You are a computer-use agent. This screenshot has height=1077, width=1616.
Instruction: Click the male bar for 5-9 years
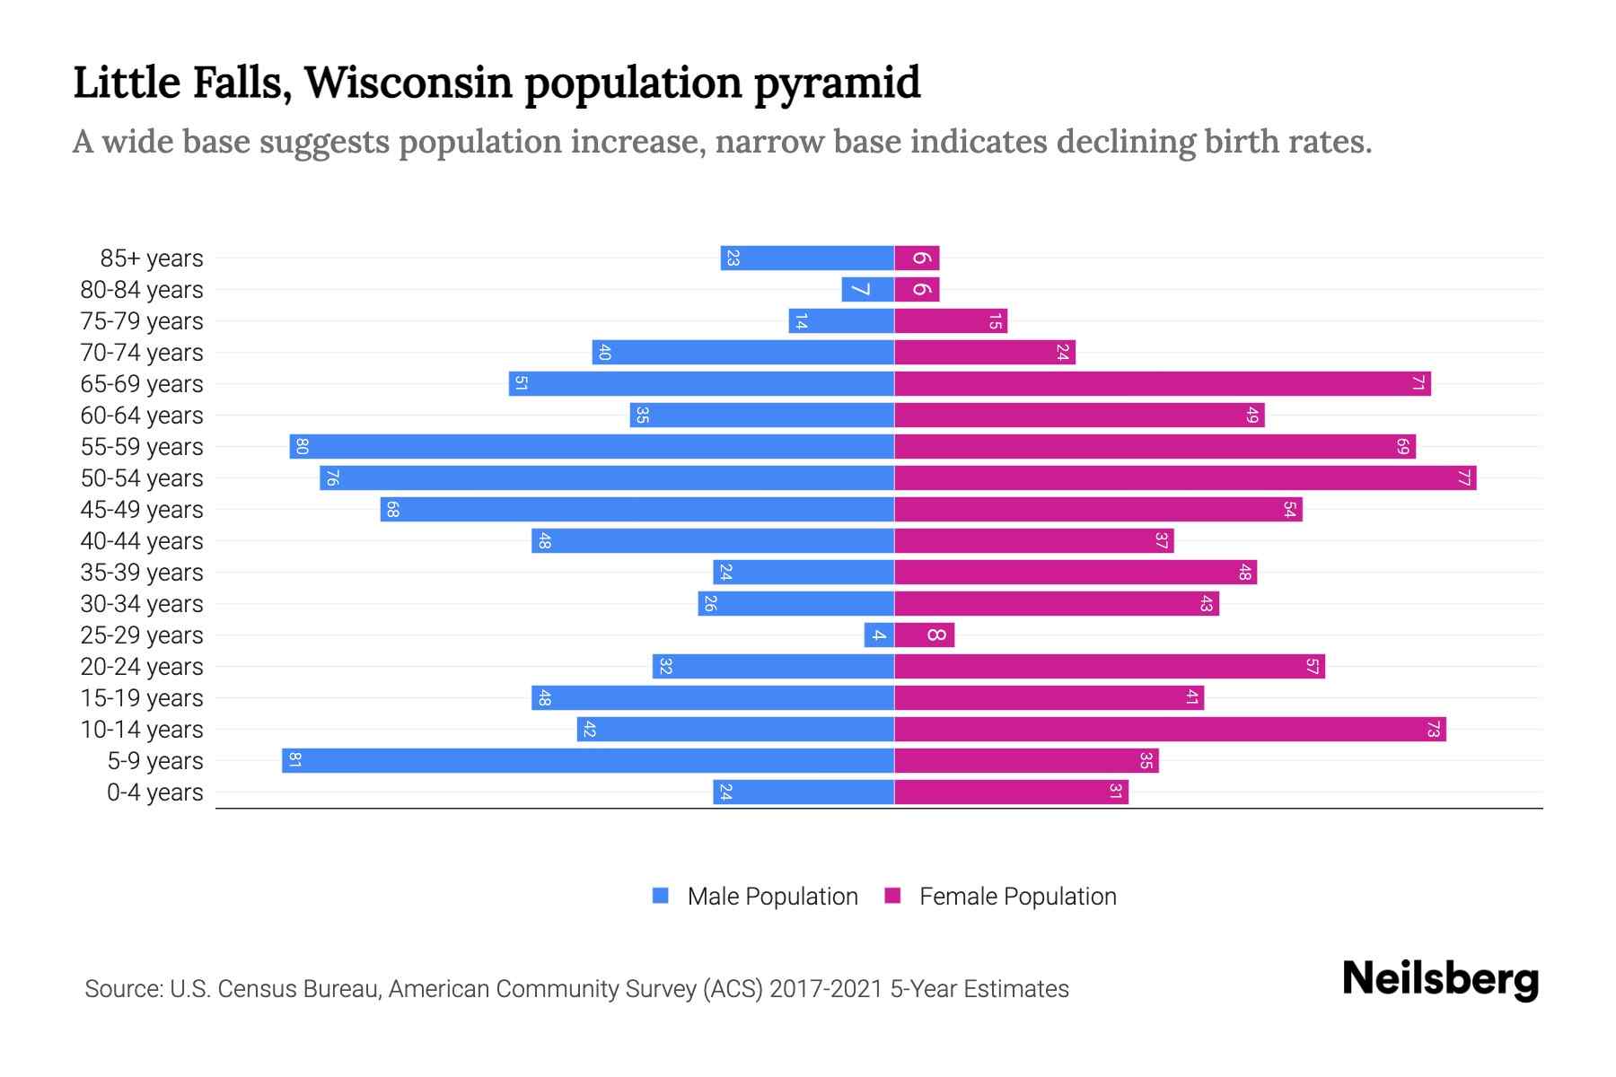click(588, 760)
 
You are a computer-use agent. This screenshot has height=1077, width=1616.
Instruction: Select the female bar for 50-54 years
click(1185, 477)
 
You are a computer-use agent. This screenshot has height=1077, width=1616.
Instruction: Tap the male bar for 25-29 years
click(879, 635)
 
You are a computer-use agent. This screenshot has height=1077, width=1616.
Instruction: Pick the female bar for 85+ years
click(917, 258)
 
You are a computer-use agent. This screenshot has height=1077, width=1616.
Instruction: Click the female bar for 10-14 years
click(1170, 729)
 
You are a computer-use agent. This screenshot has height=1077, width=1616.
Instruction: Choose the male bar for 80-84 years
click(867, 289)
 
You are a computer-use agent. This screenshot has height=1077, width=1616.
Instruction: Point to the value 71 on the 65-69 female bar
click(1418, 383)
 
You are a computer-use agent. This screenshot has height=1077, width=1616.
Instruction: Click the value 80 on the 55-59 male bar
click(303, 446)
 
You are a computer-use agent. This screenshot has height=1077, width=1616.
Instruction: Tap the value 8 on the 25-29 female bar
click(935, 635)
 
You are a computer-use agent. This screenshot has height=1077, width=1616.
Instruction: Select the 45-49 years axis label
click(142, 510)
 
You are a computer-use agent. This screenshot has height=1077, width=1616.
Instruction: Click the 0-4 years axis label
click(154, 792)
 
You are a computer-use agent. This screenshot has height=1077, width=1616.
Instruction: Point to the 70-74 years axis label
click(142, 353)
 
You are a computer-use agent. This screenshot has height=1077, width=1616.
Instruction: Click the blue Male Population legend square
click(661, 896)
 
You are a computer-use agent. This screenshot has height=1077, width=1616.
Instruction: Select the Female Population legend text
click(1017, 897)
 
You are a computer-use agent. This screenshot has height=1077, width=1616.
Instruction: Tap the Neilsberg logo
click(1440, 979)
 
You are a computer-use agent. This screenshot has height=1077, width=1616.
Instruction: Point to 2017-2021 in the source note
click(826, 989)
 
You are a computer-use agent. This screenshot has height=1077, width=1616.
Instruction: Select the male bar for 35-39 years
click(804, 572)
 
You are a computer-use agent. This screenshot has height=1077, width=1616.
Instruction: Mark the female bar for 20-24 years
click(1110, 666)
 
